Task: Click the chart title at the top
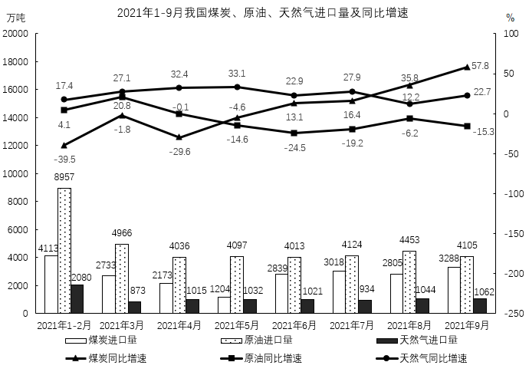click(262, 13)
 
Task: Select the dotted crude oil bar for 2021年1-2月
click(64, 251)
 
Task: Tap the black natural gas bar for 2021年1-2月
click(77, 298)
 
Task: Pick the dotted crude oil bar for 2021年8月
click(409, 281)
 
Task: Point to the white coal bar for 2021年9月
click(454, 290)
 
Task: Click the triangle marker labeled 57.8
click(467, 67)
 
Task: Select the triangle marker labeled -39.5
click(64, 146)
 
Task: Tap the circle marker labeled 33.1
click(237, 87)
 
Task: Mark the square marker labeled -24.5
click(294, 133)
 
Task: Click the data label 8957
click(64, 177)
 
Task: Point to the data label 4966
click(122, 233)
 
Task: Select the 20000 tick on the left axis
click(15, 34)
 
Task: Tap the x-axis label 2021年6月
click(294, 325)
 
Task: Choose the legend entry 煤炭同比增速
click(106, 358)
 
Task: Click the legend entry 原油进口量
click(257, 340)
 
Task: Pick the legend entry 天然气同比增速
click(422, 358)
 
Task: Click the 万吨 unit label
click(16, 18)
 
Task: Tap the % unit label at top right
click(511, 18)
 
